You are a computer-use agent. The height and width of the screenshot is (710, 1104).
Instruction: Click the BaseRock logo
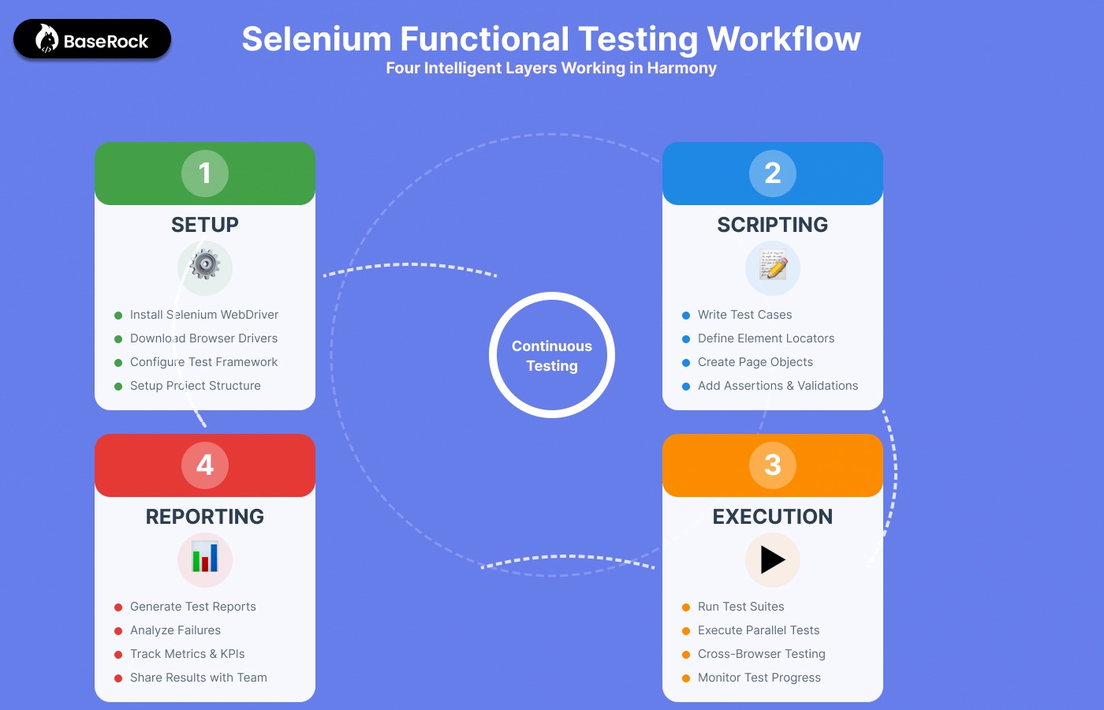92,39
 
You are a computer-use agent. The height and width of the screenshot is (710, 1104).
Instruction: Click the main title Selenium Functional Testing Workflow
551,39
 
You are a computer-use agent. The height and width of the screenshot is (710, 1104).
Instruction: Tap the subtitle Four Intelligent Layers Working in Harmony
551,68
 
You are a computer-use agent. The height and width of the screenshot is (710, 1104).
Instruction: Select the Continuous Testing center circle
552,355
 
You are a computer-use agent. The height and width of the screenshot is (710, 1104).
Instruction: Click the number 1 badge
205,173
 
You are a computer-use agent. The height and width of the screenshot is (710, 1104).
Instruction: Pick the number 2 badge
773,173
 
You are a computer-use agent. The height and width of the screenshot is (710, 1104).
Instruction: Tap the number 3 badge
773,465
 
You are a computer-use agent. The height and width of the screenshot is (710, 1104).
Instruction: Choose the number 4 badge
205,465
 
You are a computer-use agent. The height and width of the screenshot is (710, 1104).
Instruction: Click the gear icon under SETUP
205,265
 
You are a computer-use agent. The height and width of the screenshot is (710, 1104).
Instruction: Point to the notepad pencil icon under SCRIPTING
773,266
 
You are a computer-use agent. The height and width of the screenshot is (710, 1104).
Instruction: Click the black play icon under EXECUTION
773,559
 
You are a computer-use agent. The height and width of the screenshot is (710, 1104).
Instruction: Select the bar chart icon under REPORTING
205,558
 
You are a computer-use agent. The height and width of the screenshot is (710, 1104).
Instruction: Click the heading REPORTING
205,517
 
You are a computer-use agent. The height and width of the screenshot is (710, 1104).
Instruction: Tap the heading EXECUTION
773,517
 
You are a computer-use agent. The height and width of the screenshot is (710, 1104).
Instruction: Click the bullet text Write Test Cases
744,315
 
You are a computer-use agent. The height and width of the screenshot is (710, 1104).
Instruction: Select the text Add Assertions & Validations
778,386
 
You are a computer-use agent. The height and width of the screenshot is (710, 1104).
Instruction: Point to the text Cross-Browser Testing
761,654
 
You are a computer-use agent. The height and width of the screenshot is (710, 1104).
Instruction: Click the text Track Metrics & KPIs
187,654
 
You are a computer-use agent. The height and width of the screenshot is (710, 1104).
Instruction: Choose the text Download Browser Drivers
203,338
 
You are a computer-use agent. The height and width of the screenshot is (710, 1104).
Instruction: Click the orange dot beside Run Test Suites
686,607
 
